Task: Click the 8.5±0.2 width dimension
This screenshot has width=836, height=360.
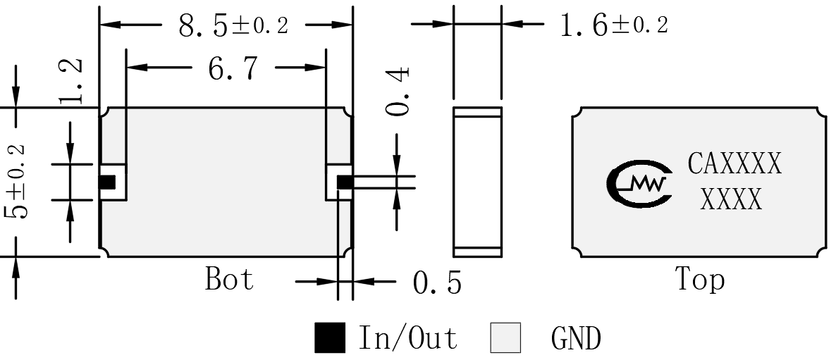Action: point(233,25)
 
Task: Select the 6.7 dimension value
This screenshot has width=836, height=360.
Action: point(233,68)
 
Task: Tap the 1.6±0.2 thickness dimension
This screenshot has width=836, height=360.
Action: point(614,25)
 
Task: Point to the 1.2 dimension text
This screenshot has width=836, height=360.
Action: point(71,80)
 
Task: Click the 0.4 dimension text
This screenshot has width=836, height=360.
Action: point(398,91)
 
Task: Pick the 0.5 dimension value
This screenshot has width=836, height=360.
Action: point(437,283)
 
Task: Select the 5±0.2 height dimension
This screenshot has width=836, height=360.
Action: point(16,181)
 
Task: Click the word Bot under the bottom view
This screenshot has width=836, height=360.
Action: point(230,278)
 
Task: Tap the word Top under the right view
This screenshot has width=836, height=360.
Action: point(701,279)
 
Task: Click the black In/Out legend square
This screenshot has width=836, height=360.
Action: point(329,337)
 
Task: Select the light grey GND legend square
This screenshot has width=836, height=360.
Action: point(505,337)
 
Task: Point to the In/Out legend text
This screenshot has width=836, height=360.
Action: point(408,337)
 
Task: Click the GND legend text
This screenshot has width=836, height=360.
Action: point(577,338)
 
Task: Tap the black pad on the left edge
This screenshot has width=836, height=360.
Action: point(107,182)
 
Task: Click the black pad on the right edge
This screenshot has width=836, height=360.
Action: point(345,182)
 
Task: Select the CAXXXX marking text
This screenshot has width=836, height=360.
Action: point(734,163)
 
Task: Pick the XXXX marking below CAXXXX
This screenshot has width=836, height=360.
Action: point(731,199)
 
